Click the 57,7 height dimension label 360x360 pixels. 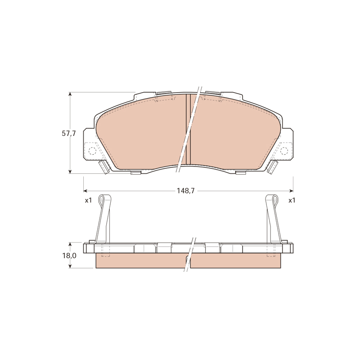(x=69, y=134)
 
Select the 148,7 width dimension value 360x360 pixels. (x=185, y=191)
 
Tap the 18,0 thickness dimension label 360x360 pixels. (x=69, y=256)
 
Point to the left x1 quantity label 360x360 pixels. (x=88, y=200)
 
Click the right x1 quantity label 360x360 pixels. (x=292, y=200)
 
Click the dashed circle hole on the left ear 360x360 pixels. (x=92, y=151)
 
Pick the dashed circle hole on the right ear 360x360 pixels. (x=284, y=151)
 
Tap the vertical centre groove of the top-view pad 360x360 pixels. (x=188, y=129)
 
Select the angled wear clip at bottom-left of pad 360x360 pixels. (x=103, y=167)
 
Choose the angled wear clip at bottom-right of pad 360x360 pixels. (x=273, y=167)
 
